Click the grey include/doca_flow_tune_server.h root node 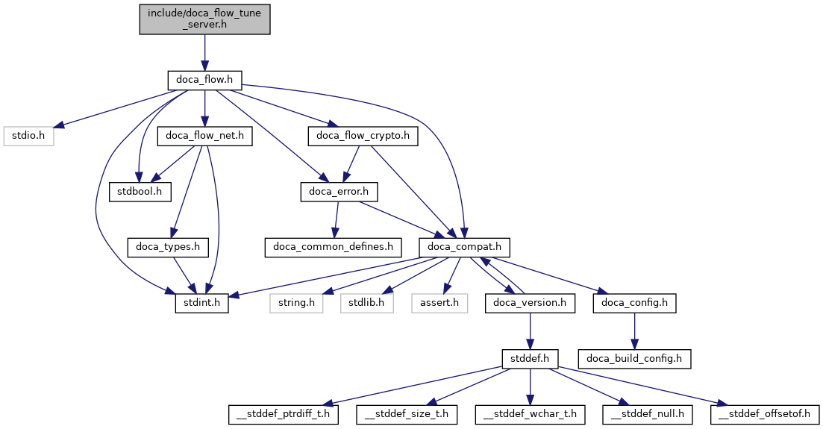point(204,18)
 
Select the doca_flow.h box point(204,78)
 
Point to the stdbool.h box point(140,192)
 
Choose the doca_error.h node point(339,192)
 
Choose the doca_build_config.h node point(634,358)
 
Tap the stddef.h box point(530,358)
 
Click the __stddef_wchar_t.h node point(530,413)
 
